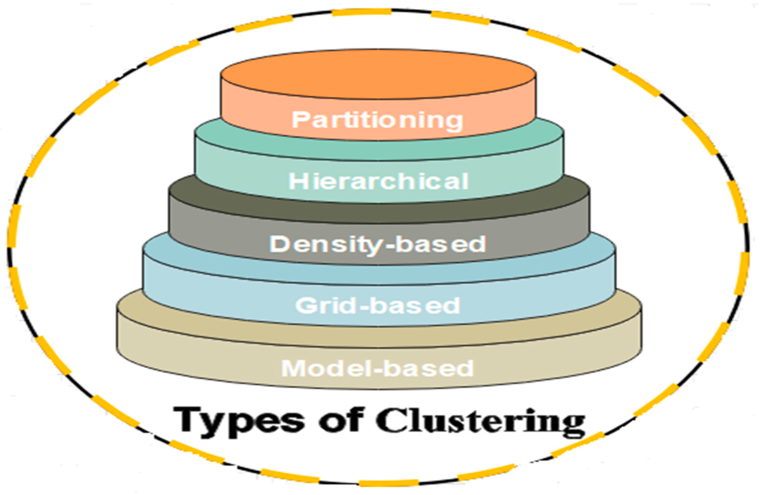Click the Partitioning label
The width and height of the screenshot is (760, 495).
377,120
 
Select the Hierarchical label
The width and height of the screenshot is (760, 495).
379,181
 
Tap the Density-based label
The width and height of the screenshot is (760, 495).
378,245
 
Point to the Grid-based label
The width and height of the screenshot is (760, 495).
378,305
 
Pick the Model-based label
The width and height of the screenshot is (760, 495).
377,368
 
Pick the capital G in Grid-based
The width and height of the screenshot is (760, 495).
305,305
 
